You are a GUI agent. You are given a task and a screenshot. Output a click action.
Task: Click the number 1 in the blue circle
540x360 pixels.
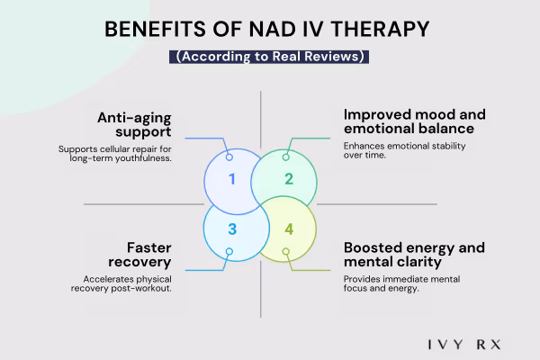(231, 178)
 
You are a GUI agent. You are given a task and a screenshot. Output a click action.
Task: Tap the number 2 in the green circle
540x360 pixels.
(289, 178)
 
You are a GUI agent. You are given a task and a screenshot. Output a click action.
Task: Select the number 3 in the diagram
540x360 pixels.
(231, 229)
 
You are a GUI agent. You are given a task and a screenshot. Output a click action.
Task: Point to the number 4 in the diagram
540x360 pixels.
(289, 229)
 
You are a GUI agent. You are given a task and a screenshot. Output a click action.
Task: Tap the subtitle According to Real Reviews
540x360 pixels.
(270, 56)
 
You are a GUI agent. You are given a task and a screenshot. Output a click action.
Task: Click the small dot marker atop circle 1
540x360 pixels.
(229, 157)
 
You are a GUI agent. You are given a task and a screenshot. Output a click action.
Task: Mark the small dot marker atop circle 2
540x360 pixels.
(286, 157)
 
